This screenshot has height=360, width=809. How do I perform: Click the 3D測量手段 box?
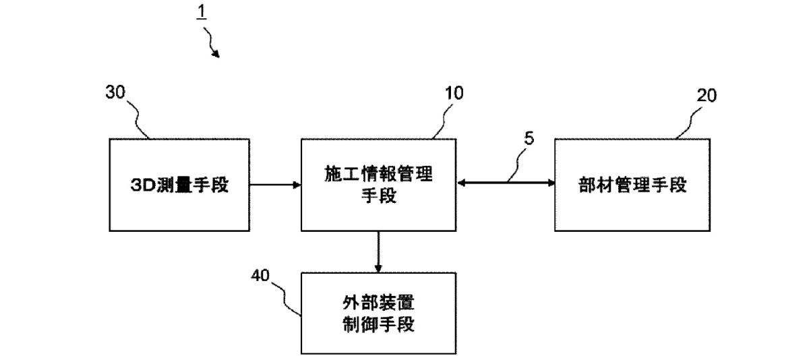click(x=178, y=185)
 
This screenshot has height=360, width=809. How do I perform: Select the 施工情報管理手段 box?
click(x=378, y=185)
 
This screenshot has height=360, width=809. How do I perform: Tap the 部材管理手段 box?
click(x=632, y=185)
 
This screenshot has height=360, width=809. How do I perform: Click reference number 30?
click(x=116, y=94)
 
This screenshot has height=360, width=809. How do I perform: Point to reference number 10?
click(x=454, y=94)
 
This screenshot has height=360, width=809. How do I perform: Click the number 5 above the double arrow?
click(x=528, y=140)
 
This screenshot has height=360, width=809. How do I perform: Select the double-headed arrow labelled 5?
click(x=504, y=181)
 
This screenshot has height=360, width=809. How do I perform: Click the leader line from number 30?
click(x=138, y=121)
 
